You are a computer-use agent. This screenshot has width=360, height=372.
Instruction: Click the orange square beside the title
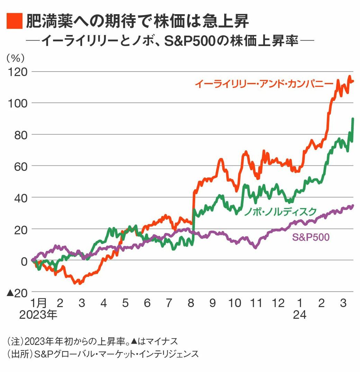[x=14, y=21]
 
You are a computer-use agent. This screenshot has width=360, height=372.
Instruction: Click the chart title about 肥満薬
[x=137, y=21]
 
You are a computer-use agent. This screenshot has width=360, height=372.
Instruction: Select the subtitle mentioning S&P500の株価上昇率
[x=170, y=41]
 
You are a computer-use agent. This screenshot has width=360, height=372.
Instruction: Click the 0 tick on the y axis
[x=24, y=261]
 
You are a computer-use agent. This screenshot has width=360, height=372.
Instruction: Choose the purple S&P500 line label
[x=310, y=237]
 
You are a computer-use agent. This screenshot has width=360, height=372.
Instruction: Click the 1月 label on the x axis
[x=39, y=303]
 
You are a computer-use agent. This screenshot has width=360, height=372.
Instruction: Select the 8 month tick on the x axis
[x=191, y=303]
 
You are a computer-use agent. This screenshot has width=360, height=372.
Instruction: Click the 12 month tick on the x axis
[x=278, y=303]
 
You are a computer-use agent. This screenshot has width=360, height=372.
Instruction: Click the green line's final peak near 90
[x=353, y=119]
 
